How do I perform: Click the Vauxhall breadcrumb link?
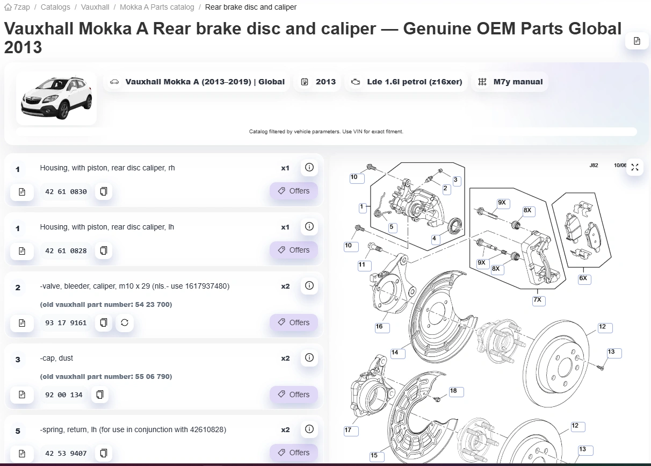click(95, 7)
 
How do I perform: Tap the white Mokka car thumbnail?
click(56, 98)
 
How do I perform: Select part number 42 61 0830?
click(66, 192)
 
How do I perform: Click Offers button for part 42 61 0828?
click(293, 250)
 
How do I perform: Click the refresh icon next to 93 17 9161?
click(125, 322)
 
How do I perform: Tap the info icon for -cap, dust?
click(309, 357)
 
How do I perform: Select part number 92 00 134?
click(64, 395)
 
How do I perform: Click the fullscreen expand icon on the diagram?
click(635, 167)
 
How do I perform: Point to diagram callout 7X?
click(538, 300)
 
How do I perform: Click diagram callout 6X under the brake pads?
click(583, 278)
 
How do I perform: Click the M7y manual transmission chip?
click(510, 82)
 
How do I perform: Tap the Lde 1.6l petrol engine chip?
click(406, 82)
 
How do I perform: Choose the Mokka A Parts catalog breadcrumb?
click(157, 7)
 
